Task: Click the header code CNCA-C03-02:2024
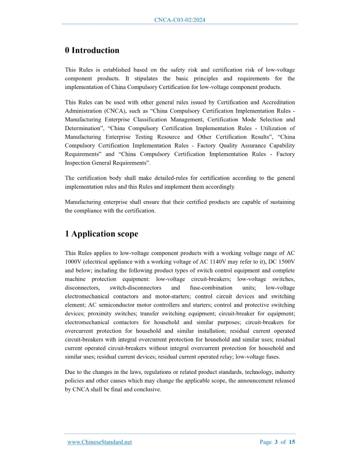click(180, 20)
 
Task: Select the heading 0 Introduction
click(92, 50)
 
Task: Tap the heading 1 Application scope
click(101, 234)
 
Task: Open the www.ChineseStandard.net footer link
click(100, 442)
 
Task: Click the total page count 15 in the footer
click(292, 442)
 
